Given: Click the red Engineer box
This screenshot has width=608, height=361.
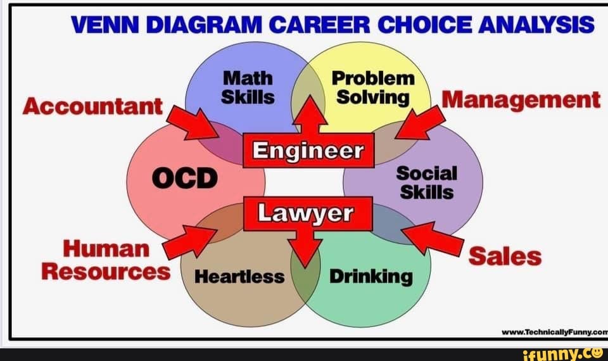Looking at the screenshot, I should tap(308, 151).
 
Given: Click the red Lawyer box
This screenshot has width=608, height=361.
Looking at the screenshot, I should tap(308, 213).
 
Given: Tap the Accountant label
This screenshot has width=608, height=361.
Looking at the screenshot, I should tap(92, 106).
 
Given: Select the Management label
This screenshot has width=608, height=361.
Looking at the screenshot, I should tap(521, 100).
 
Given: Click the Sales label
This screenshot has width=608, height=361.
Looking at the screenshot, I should tap(505, 256).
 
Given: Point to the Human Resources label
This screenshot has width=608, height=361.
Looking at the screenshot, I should tap(106, 260).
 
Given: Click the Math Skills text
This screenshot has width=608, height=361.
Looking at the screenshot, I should tap(248, 87).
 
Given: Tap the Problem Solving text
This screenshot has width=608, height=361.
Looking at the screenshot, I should tap(373, 87).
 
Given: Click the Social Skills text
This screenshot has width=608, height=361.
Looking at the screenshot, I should tap(426, 182).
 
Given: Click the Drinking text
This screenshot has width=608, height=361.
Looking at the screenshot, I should tap(370, 276).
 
